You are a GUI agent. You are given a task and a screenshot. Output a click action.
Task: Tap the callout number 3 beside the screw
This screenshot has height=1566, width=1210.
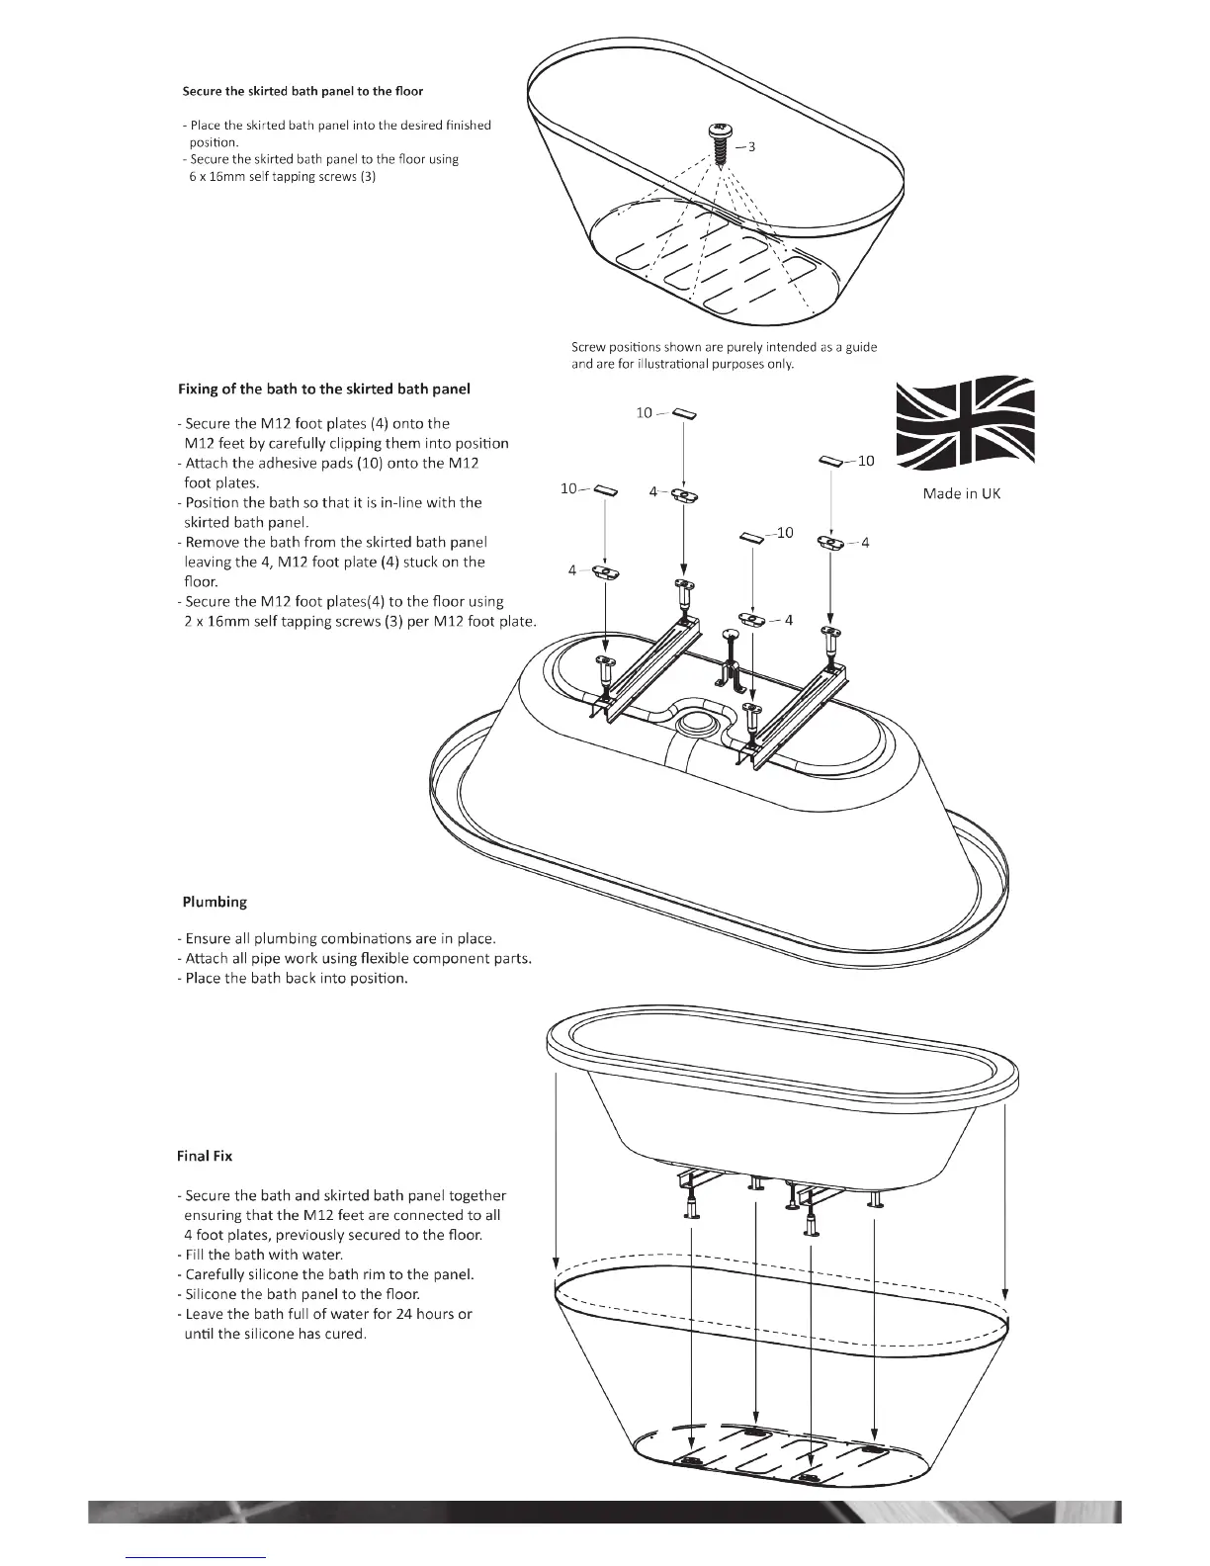pyautogui.click(x=752, y=147)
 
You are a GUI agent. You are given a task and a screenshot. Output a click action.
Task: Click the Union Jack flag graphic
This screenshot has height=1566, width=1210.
pyautogui.click(x=965, y=423)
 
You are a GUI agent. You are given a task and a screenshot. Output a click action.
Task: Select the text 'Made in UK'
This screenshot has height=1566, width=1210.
pyautogui.click(x=961, y=493)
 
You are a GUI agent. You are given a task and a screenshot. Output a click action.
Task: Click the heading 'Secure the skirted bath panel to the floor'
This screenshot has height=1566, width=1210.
pyautogui.click(x=302, y=91)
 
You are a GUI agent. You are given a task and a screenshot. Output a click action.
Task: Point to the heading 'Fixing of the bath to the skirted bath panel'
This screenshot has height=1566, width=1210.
pyautogui.click(x=324, y=389)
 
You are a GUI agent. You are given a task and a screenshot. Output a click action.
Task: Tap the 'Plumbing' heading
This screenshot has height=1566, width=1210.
pyautogui.click(x=215, y=902)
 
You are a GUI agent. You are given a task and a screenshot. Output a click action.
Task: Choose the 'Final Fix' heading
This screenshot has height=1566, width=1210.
pyautogui.click(x=206, y=1155)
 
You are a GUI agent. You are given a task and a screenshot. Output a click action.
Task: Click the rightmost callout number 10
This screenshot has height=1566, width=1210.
pyautogui.click(x=866, y=461)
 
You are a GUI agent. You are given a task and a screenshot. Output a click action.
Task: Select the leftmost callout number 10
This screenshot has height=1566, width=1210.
pyautogui.click(x=568, y=488)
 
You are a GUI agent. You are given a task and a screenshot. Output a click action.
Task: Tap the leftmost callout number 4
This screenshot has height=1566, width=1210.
pyautogui.click(x=572, y=570)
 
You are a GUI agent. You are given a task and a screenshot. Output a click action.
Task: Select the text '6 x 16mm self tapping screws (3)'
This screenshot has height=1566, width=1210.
pyautogui.click(x=282, y=177)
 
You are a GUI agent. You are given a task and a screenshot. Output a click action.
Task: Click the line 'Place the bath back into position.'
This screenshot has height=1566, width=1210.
pyautogui.click(x=297, y=979)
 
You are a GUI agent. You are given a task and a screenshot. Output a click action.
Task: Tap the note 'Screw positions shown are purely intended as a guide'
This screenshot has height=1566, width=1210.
pyautogui.click(x=724, y=347)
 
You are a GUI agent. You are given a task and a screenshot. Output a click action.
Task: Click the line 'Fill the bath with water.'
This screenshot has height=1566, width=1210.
pyautogui.click(x=264, y=1255)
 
